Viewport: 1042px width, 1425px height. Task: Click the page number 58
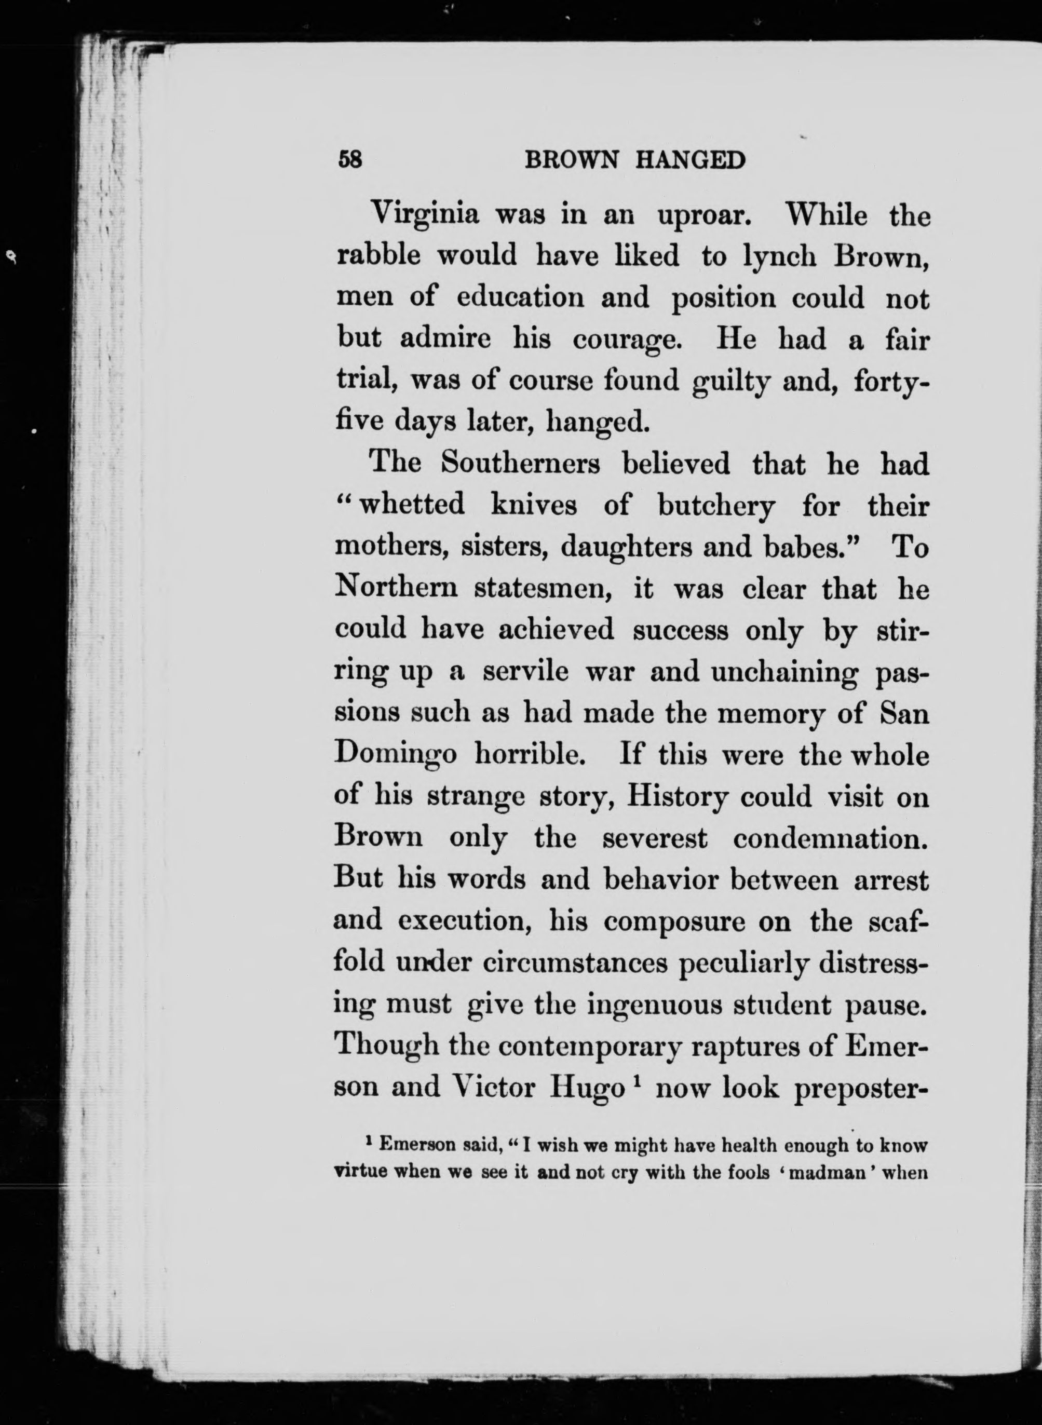[350, 160]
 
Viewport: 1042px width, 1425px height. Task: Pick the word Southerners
[520, 464]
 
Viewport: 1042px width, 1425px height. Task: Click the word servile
[526, 672]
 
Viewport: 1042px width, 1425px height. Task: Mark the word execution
[463, 921]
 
